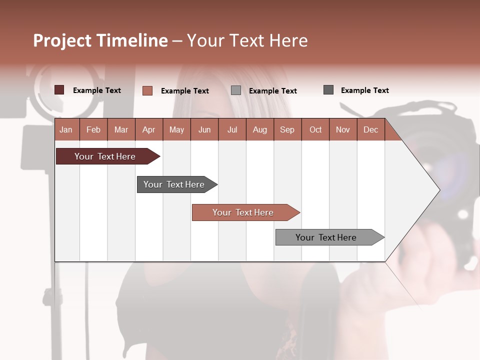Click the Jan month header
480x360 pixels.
(x=66, y=129)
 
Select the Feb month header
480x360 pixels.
(x=93, y=129)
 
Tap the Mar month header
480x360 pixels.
(x=121, y=129)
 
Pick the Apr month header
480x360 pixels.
(x=148, y=129)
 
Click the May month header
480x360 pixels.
(x=176, y=129)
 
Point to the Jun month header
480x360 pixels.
(x=204, y=129)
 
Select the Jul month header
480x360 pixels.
(x=232, y=129)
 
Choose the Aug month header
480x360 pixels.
(x=259, y=129)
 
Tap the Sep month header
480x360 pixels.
(x=287, y=129)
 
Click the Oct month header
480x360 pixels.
(x=315, y=129)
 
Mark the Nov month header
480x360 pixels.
(x=343, y=129)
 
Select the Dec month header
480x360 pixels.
(x=370, y=129)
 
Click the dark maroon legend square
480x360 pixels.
(x=59, y=90)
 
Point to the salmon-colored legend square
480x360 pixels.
(x=147, y=90)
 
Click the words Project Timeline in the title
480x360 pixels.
(x=100, y=40)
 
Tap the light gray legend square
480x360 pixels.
(x=236, y=90)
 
